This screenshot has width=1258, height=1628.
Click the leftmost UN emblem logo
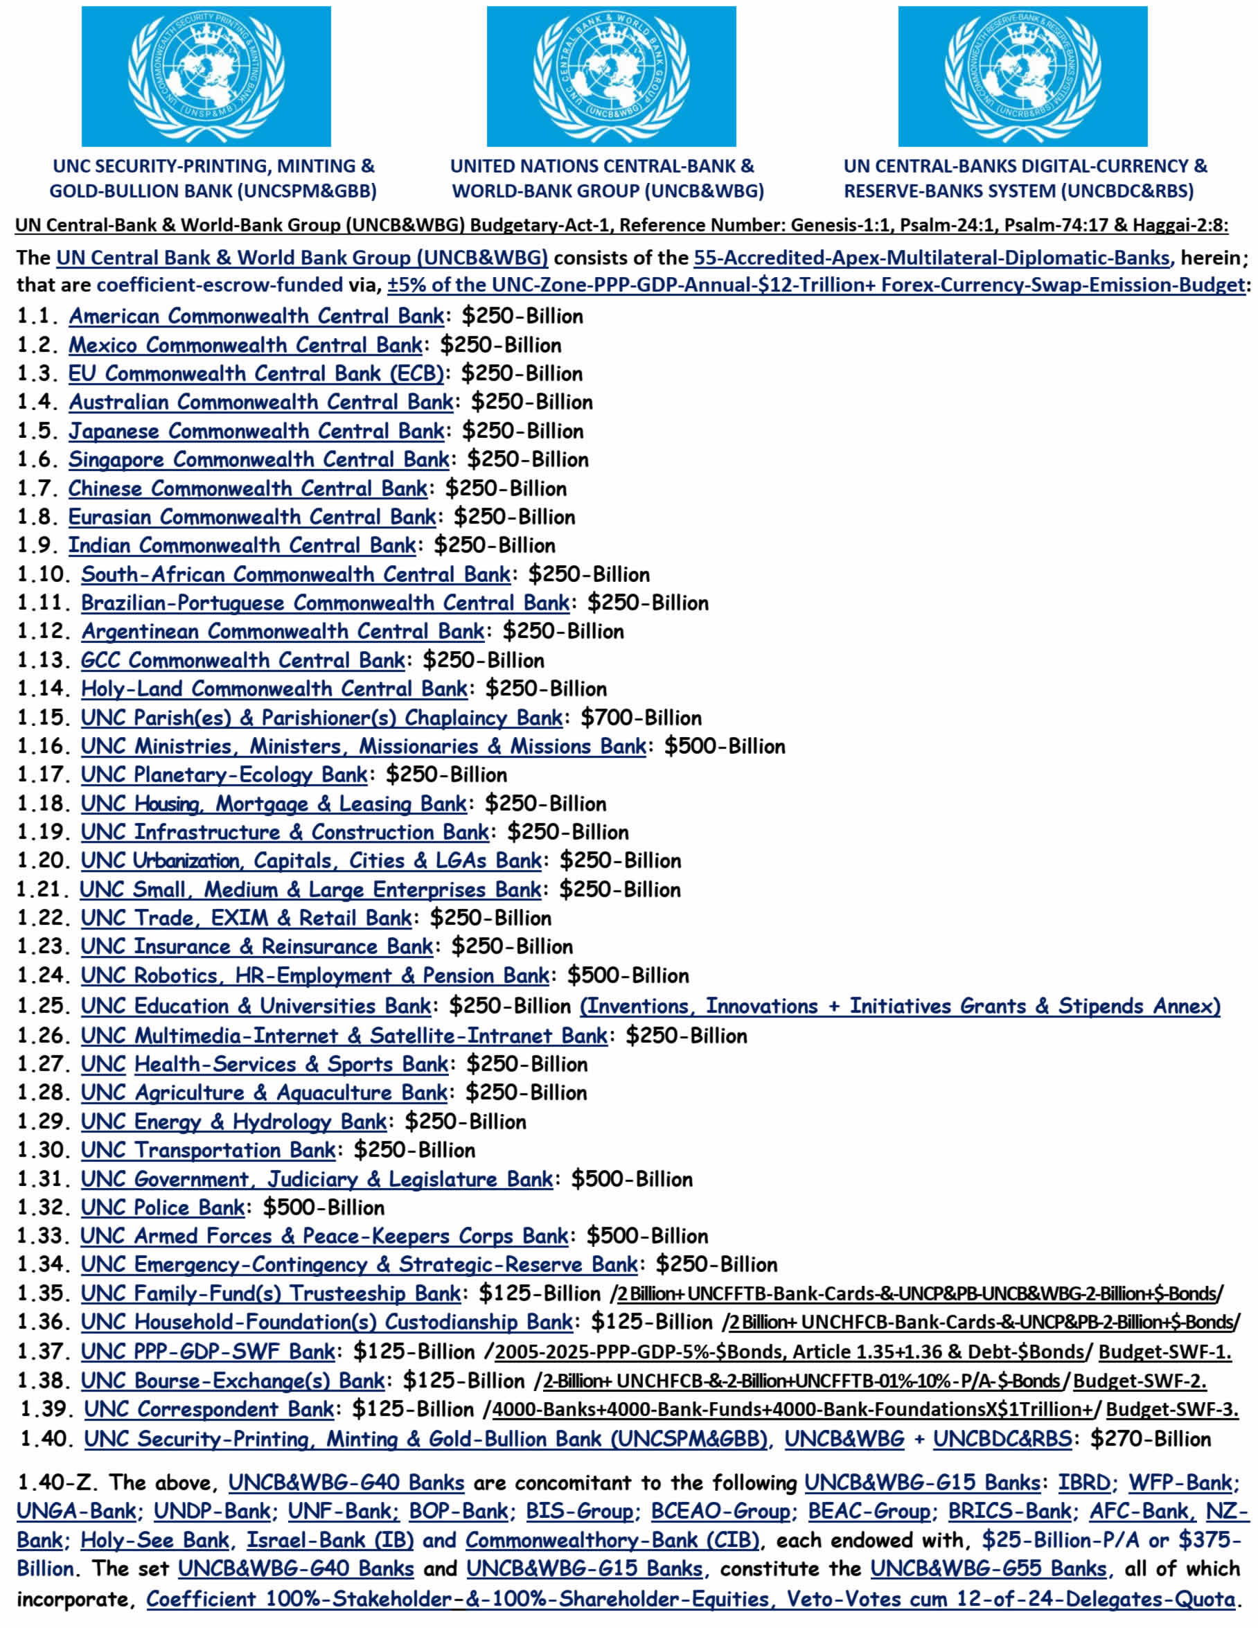click(x=206, y=76)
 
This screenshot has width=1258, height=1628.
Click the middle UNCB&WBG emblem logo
click(x=611, y=76)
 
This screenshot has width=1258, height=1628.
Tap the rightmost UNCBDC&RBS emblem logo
click(x=1022, y=76)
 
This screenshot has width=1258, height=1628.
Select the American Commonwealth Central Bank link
click(x=256, y=316)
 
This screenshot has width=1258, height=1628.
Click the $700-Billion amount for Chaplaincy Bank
click(x=641, y=718)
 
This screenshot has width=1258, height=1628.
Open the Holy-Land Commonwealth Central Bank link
click(x=274, y=689)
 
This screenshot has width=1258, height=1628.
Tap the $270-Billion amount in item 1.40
click(x=1151, y=1439)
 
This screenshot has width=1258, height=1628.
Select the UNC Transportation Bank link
click(x=208, y=1150)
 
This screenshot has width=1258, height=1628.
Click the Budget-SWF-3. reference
click(x=1171, y=1410)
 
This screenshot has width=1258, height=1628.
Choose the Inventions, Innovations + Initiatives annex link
click(x=900, y=1007)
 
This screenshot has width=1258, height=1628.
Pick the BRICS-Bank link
click(x=1009, y=1512)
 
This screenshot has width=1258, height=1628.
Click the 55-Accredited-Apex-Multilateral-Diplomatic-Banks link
click(x=931, y=258)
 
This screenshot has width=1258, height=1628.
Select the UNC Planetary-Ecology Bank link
click(x=224, y=775)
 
